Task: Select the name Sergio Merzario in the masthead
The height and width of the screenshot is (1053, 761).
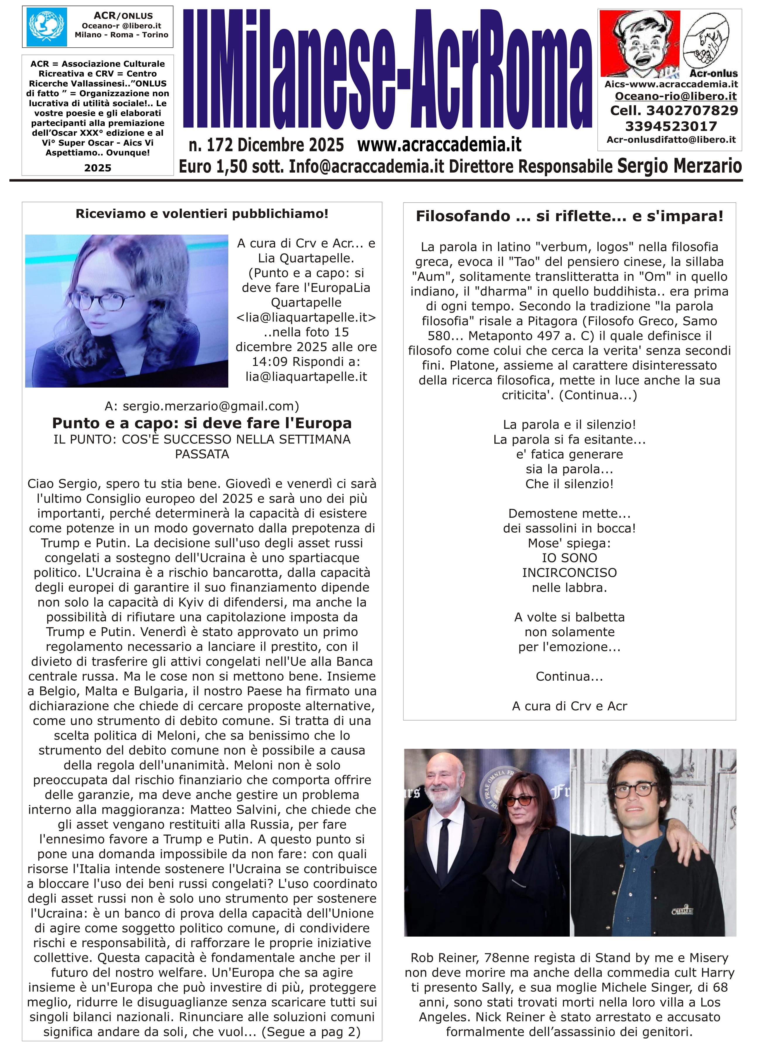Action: [x=679, y=166]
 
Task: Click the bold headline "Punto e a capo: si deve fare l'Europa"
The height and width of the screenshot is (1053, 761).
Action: [x=202, y=423]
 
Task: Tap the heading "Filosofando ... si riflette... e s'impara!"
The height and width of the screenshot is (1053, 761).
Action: [x=569, y=216]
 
